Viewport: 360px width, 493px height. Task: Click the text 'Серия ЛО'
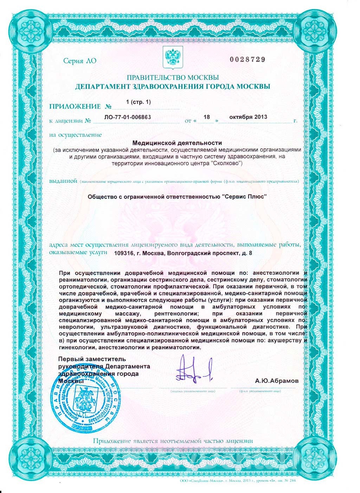point(79,61)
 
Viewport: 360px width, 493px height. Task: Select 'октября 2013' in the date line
point(248,117)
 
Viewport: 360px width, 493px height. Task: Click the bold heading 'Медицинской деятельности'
point(177,143)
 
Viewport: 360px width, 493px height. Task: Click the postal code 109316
point(126,253)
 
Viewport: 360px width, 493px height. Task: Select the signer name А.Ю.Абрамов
point(277,380)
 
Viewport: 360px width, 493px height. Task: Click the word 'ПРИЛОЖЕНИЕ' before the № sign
point(75,106)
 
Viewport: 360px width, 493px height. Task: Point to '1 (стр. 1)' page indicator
point(138,102)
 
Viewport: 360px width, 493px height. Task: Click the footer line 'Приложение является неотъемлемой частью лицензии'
point(173,441)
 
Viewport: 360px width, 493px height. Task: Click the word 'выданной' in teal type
point(63,182)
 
